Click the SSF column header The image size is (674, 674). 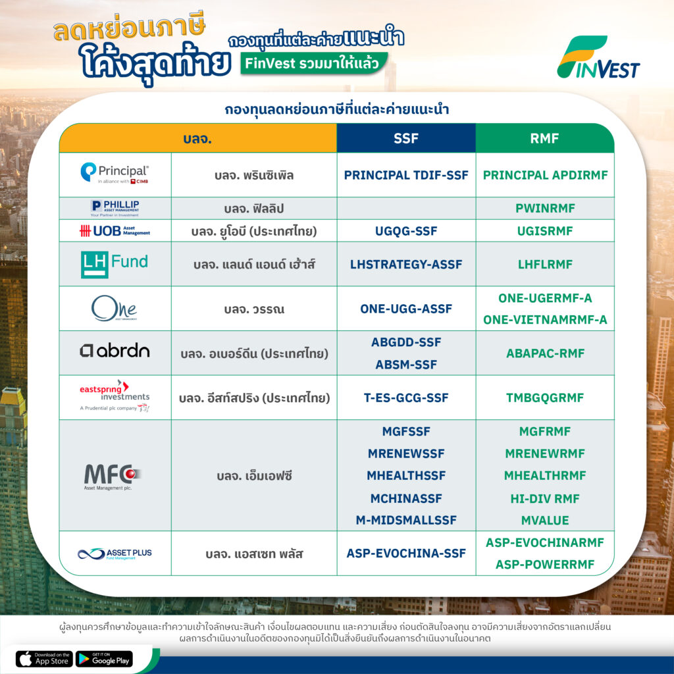pyautogui.click(x=405, y=138)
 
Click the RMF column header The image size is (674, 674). pyautogui.click(x=544, y=138)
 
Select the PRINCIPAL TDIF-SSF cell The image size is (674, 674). pyautogui.click(x=405, y=175)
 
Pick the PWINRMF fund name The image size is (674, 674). pyautogui.click(x=545, y=208)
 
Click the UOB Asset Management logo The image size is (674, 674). pyautogui.click(x=115, y=231)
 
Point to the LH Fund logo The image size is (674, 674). pyautogui.click(x=115, y=264)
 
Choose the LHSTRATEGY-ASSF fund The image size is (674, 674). pyautogui.click(x=405, y=264)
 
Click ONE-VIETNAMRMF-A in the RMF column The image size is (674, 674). pyautogui.click(x=545, y=319)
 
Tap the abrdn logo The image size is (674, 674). pyautogui.click(x=115, y=351)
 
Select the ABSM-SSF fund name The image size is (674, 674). pyautogui.click(x=405, y=365)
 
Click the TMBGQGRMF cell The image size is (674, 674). pyautogui.click(x=545, y=398)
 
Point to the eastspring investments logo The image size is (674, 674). pyautogui.click(x=115, y=396)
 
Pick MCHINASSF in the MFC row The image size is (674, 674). pyautogui.click(x=405, y=498)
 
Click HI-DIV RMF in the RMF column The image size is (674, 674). pyautogui.click(x=545, y=498)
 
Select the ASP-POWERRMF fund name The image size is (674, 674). pyautogui.click(x=545, y=564)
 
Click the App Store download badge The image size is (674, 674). pyautogui.click(x=44, y=658)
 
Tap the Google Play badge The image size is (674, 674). pyautogui.click(x=104, y=658)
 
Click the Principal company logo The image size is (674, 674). pyautogui.click(x=115, y=173)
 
